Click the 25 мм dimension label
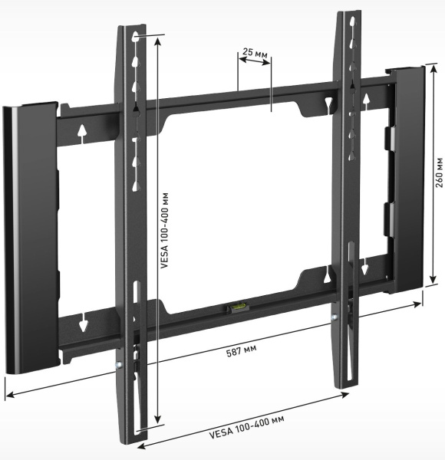[254, 53]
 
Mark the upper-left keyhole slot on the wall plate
[81, 133]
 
